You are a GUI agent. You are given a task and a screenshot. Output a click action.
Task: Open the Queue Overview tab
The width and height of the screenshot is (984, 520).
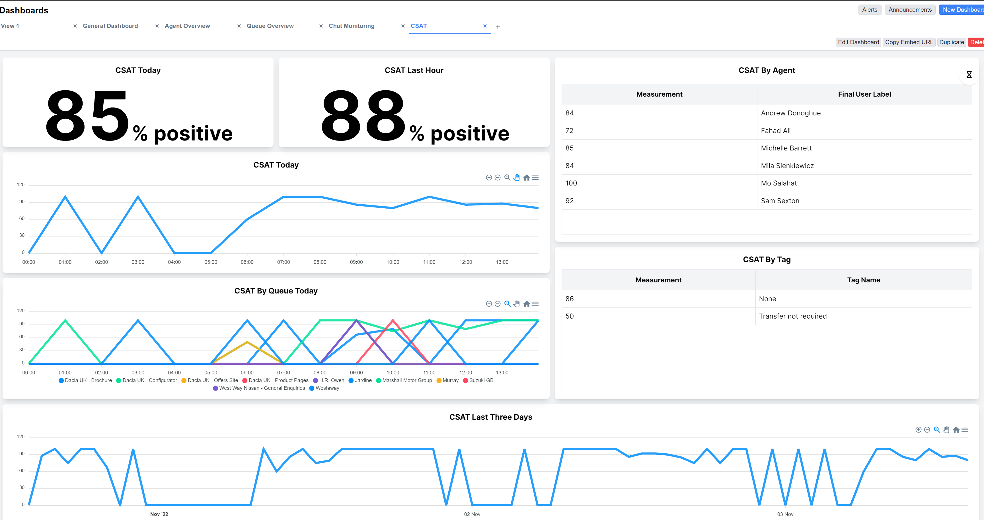pyautogui.click(x=270, y=26)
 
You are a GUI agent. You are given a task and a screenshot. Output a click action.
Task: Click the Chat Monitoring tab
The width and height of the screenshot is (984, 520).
pyautogui.click(x=352, y=26)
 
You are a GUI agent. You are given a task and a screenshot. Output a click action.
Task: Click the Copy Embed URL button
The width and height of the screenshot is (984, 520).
pyautogui.click(x=909, y=42)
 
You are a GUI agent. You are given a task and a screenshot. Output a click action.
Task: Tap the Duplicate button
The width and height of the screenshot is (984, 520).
pyautogui.click(x=951, y=42)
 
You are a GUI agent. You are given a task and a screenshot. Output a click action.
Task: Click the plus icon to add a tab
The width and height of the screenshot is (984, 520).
pyautogui.click(x=498, y=27)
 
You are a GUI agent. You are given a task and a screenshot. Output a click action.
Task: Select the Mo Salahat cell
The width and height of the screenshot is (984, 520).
pyautogui.click(x=778, y=183)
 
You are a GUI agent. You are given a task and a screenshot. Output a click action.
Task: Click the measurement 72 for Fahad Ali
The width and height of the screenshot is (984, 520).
pyautogui.click(x=569, y=131)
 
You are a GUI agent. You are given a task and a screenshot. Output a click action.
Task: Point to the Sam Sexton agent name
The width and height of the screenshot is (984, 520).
pyautogui.click(x=780, y=201)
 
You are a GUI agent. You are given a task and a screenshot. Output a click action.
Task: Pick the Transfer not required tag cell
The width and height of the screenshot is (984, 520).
pyautogui.click(x=793, y=316)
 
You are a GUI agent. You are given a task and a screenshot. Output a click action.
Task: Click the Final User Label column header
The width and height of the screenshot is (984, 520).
pyautogui.click(x=864, y=94)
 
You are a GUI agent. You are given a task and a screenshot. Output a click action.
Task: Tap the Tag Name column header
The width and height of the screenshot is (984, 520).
pyautogui.click(x=863, y=280)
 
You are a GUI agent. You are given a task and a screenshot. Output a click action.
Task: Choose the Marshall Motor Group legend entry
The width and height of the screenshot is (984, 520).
pyautogui.click(x=407, y=380)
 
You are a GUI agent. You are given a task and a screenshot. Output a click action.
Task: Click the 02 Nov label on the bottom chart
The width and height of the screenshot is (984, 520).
pyautogui.click(x=472, y=514)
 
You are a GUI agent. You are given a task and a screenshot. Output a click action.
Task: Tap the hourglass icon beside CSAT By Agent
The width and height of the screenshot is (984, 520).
pyautogui.click(x=969, y=75)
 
